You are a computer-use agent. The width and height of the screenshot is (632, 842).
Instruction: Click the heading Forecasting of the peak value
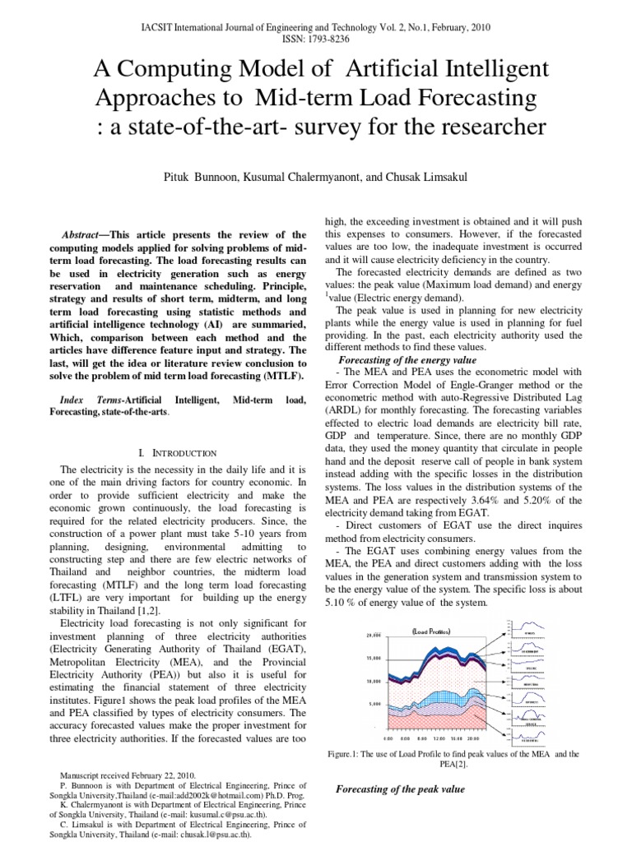401,789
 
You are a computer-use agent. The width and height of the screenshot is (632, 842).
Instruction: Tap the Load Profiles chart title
431,631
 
